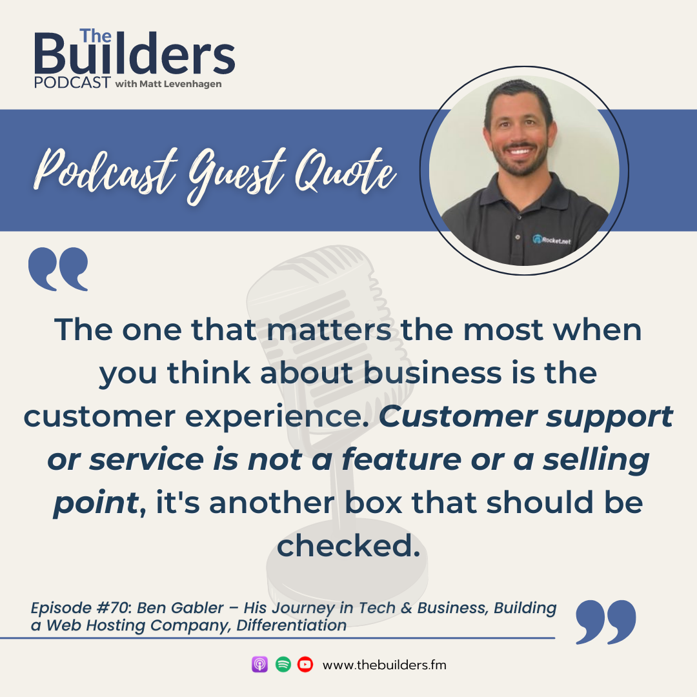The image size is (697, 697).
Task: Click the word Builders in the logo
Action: pyautogui.click(x=135, y=54)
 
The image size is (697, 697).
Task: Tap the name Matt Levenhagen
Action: pyautogui.click(x=181, y=84)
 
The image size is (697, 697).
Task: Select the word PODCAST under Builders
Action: pyautogui.click(x=72, y=83)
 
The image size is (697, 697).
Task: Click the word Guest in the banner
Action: pyautogui.click(x=236, y=175)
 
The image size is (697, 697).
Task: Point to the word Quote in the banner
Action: pyautogui.click(x=345, y=171)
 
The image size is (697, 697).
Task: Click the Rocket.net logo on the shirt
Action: pyautogui.click(x=552, y=240)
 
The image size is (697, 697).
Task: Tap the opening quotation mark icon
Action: pyautogui.click(x=58, y=269)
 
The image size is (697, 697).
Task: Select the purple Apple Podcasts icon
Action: pyautogui.click(x=259, y=665)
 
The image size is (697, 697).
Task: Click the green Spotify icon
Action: pyautogui.click(x=283, y=665)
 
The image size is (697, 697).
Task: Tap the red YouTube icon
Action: pyautogui.click(x=305, y=665)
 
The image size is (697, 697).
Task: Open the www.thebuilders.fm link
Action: pyautogui.click(x=385, y=665)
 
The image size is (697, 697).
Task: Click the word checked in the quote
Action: pyautogui.click(x=348, y=545)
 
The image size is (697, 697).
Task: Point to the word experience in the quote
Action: pyautogui.click(x=277, y=418)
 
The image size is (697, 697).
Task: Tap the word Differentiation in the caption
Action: pyautogui.click(x=292, y=625)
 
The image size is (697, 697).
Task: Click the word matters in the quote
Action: pyautogui.click(x=329, y=330)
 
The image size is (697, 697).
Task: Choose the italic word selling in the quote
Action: pyautogui.click(x=596, y=461)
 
